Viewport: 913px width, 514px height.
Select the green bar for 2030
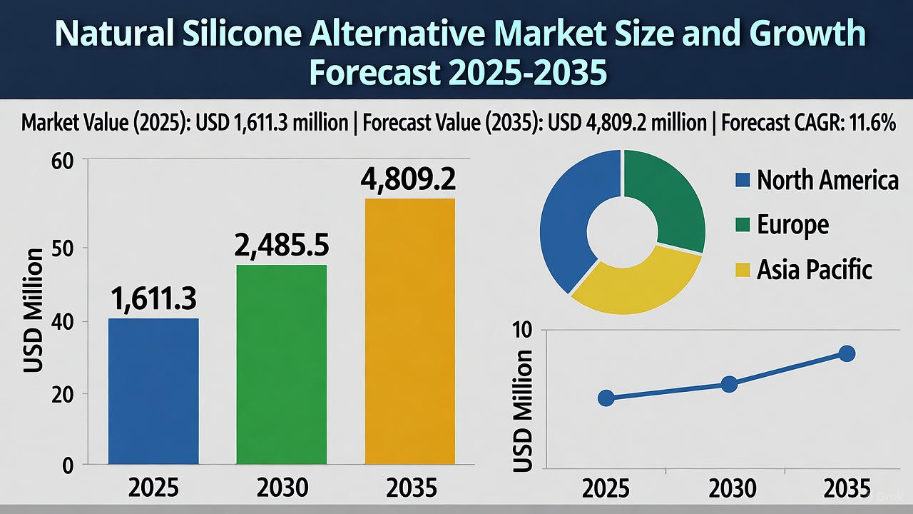point(282,365)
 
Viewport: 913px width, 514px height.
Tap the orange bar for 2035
point(409,332)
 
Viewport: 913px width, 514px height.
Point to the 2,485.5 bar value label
point(282,246)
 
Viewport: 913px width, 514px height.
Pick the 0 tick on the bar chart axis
point(68,466)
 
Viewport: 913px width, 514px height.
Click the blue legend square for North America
point(743,180)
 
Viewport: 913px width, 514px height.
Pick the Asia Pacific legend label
point(814,269)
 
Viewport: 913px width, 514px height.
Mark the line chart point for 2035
point(847,353)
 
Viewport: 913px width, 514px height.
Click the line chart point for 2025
point(606,398)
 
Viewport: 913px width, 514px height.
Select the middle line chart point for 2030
point(728,384)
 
